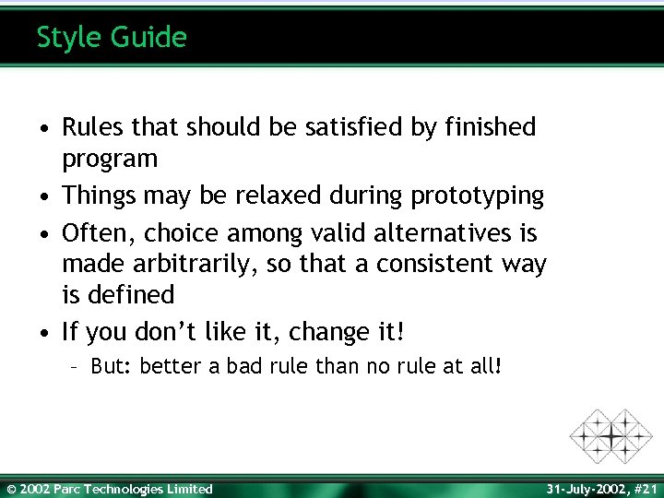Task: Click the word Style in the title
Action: click(68, 38)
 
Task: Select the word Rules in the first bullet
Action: click(90, 127)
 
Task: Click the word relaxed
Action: click(275, 196)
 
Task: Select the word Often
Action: click(92, 231)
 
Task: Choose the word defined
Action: click(131, 295)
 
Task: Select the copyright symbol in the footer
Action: click(11, 489)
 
